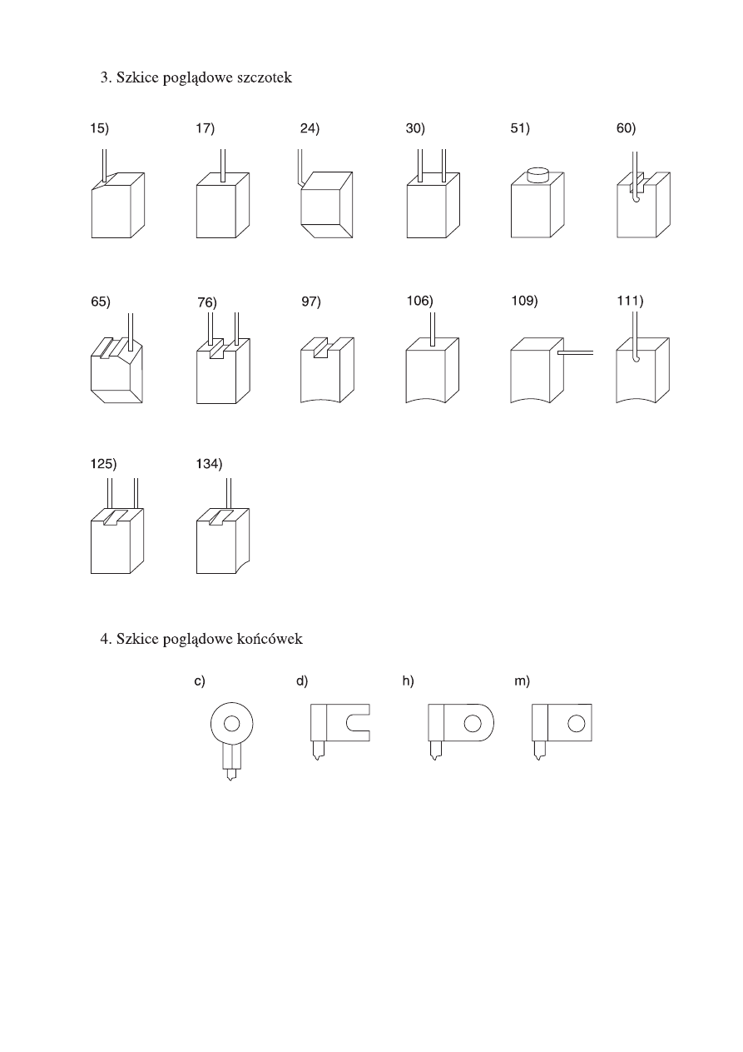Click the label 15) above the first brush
point(100,128)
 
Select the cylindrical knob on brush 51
point(537,175)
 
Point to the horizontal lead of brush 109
point(575,352)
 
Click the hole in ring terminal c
point(231,724)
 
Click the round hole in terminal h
point(473,723)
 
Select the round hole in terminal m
point(576,723)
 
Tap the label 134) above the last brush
point(209,464)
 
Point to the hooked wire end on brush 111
point(635,358)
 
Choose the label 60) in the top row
point(627,128)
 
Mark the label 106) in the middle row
point(420,301)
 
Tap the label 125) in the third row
point(104,464)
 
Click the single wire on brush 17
point(223,165)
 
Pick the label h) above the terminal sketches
point(408,681)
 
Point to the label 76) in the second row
point(207,302)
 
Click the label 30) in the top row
point(415,128)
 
